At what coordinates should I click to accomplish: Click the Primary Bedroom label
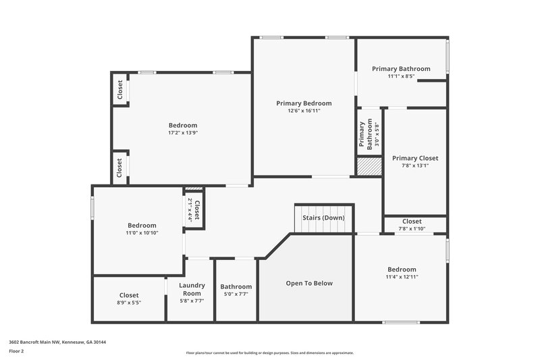304,103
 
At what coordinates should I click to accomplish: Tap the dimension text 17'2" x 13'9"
182,133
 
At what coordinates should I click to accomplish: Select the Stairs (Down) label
323,217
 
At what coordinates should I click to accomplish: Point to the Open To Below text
309,283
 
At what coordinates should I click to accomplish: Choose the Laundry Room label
192,289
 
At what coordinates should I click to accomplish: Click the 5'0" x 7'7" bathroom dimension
236,294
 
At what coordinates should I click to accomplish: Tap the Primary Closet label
415,158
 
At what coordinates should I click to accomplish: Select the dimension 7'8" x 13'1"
415,165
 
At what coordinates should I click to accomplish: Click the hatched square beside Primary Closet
369,167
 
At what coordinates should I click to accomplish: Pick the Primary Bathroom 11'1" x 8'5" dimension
401,76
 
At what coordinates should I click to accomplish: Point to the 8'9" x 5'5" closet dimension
129,303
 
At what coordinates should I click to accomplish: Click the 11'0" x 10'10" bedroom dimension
142,233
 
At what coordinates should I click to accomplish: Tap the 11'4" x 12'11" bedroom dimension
402,276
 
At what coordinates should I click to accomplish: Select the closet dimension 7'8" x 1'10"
412,229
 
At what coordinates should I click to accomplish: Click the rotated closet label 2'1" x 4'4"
193,210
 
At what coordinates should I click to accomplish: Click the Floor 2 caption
16,351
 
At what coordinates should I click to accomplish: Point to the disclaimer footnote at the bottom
270,353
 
